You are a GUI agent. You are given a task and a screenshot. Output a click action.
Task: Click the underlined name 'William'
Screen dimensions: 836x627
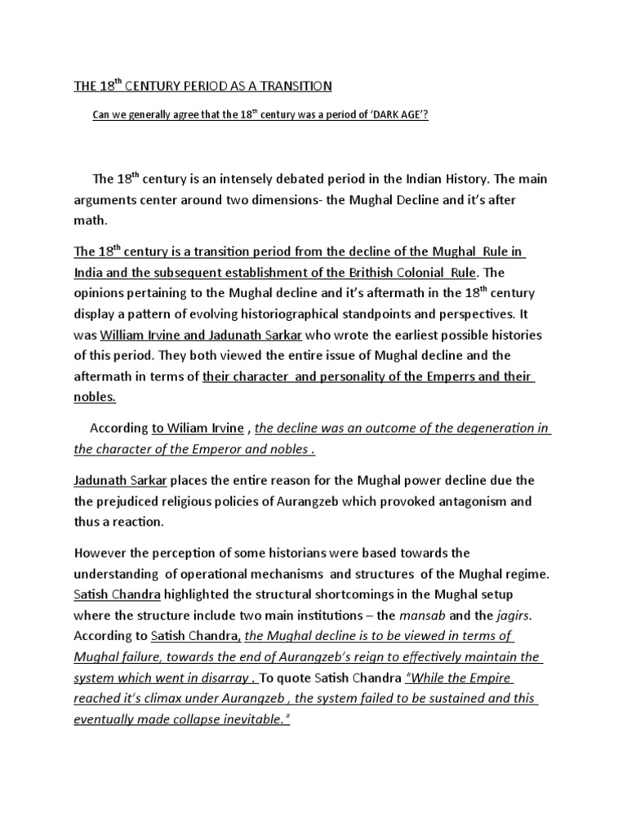[125, 335]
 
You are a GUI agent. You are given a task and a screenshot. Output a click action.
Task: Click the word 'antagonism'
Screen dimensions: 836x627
[475, 501]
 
